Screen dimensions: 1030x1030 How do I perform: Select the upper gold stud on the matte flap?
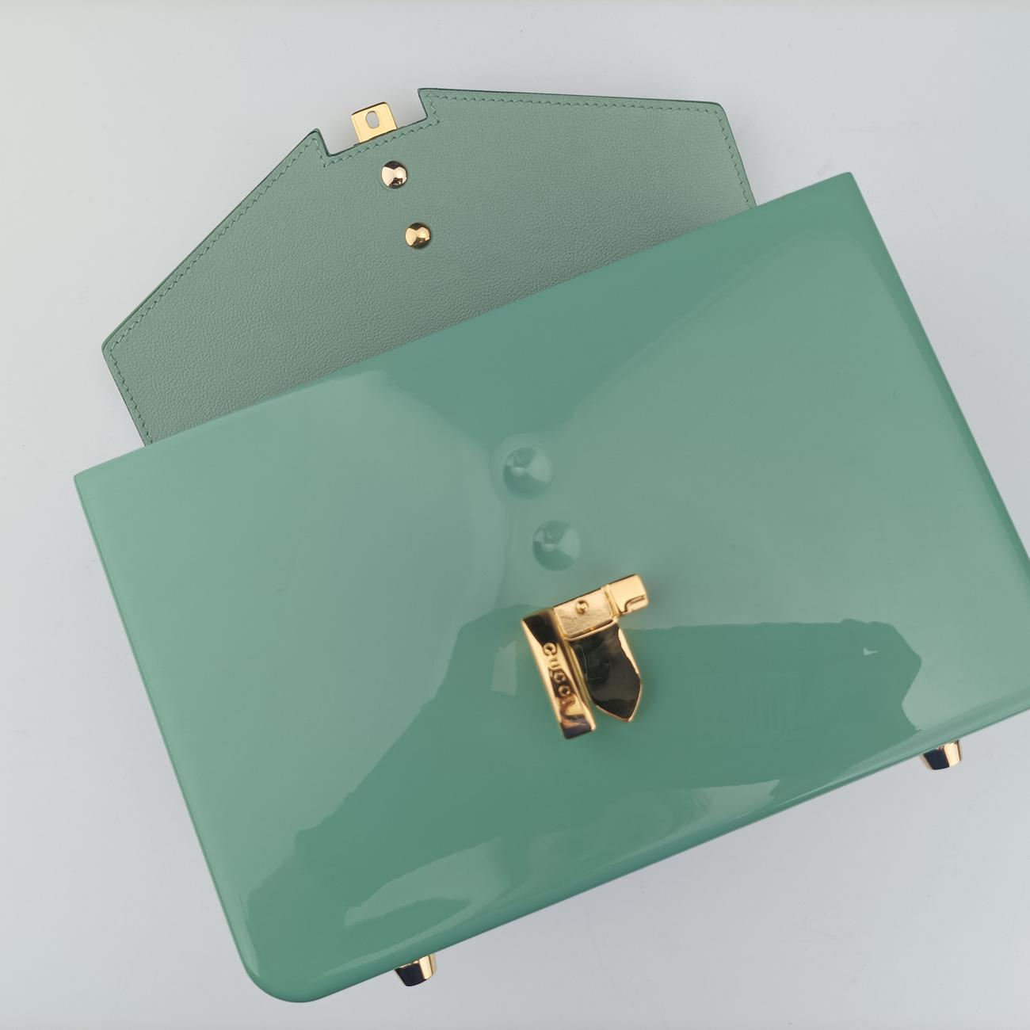pos(394,172)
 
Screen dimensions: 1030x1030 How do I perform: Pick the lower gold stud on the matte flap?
pos(418,235)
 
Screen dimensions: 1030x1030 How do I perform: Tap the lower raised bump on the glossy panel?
pos(556,540)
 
